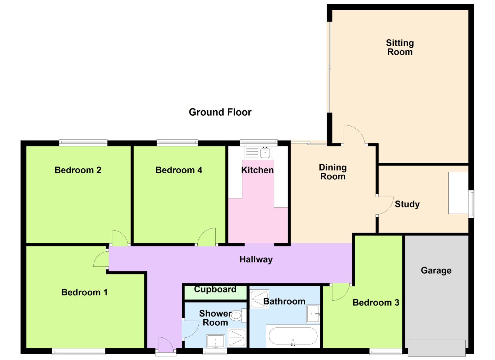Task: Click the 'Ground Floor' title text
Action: tap(220, 112)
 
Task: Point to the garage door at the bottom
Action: tap(436, 348)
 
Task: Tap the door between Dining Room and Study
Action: tap(385, 205)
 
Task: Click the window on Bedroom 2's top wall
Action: tap(83, 143)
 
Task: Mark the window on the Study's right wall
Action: tap(472, 204)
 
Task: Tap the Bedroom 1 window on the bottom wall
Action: tap(78, 351)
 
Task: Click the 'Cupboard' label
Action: tap(215, 289)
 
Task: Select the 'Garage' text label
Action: tap(436, 271)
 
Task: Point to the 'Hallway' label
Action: tap(256, 259)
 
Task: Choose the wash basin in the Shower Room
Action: tap(216, 342)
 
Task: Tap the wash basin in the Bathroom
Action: tap(313, 314)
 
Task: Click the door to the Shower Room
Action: tap(190, 329)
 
